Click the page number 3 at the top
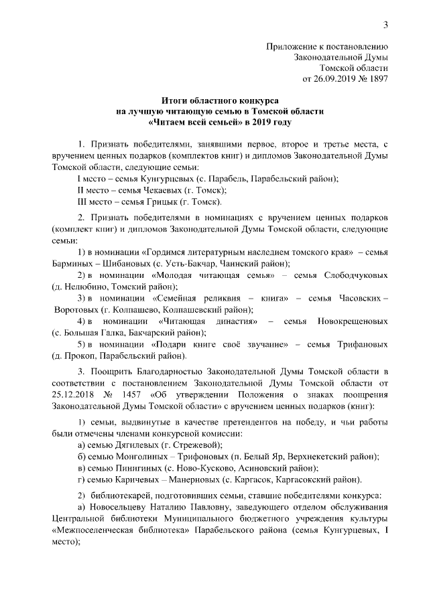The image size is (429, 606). pos(386,25)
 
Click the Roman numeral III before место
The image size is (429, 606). pos(83,202)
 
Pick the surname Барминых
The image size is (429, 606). pos(74,263)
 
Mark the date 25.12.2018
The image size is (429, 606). pos(70,384)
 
